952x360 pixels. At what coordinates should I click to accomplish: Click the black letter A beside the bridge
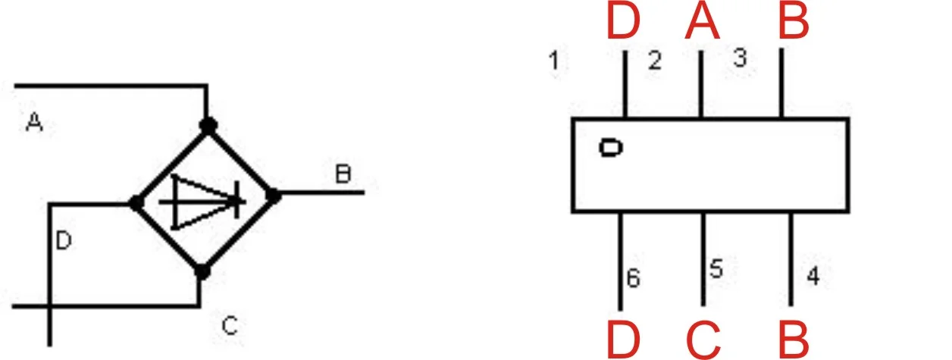point(34,122)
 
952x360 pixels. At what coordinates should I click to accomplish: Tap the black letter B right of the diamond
point(343,174)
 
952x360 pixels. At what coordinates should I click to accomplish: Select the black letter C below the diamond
point(230,326)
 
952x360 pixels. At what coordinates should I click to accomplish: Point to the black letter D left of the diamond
point(64,240)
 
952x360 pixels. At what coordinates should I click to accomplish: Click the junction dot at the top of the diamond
point(208,126)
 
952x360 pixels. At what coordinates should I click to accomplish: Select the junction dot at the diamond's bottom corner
point(202,271)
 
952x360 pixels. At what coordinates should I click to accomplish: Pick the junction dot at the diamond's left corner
point(136,204)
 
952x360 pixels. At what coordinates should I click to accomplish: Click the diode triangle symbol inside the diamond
point(203,202)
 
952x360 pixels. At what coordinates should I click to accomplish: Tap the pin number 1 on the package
point(553,61)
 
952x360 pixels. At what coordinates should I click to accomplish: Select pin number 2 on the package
point(655,61)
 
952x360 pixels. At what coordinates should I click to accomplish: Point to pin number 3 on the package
point(740,58)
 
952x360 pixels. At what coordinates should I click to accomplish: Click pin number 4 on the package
point(813,276)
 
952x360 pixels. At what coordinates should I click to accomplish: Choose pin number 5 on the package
point(716,268)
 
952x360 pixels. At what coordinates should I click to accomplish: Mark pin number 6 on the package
point(633,278)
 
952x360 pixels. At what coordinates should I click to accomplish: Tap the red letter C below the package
point(703,340)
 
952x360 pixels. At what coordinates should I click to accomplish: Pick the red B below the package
point(794,340)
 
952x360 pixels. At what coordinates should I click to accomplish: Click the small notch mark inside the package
point(611,148)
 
